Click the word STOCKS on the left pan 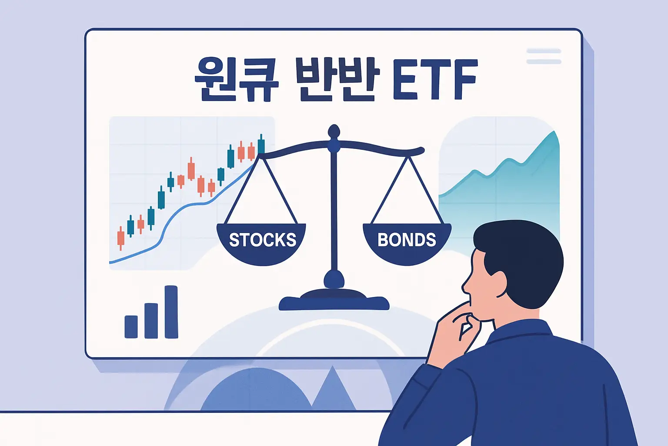point(262,240)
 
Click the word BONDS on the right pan point(407,240)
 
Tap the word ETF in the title point(435,80)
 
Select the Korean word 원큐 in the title point(236,80)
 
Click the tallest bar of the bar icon point(171,311)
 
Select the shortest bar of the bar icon point(131,327)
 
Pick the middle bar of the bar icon point(151,321)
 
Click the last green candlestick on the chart point(261,145)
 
